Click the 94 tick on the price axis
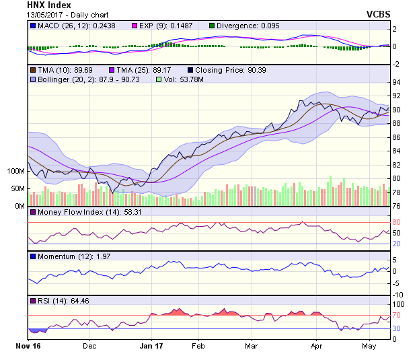point(396,82)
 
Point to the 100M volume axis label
point(15,172)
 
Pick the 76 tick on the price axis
point(396,207)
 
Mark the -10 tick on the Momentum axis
point(397,295)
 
